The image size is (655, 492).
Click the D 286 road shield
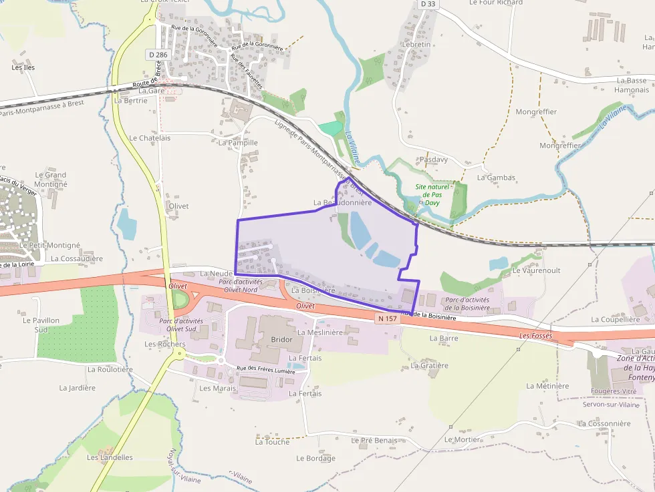[159, 54]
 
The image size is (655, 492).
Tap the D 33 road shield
[428, 4]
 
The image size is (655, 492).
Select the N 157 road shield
[387, 318]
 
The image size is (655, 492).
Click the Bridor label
[281, 340]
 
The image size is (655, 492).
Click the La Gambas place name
[496, 178]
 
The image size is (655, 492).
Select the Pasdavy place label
[433, 160]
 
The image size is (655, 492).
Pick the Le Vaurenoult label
[535, 270]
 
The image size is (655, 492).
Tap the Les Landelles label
[110, 457]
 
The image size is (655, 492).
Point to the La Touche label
[272, 441]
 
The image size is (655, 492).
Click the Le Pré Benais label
[374, 441]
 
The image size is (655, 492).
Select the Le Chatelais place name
[150, 138]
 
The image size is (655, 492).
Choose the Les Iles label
[23, 67]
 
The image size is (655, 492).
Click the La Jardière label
[77, 387]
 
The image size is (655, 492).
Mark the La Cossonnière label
[604, 423]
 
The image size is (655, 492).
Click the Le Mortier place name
[462, 439]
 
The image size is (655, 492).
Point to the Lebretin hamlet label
[416, 44]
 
